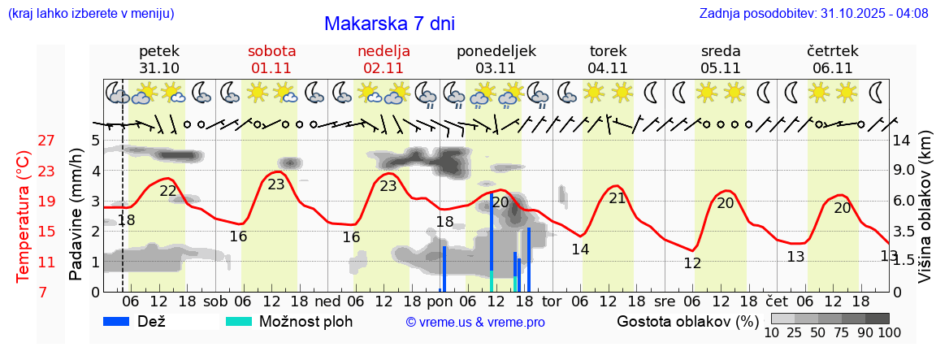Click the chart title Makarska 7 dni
[389, 24]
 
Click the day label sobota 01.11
[271, 59]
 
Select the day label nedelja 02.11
[383, 59]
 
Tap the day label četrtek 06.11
[832, 59]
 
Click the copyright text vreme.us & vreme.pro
[474, 322]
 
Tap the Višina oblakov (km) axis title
[925, 215]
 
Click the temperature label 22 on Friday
[168, 191]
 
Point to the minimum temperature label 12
[692, 263]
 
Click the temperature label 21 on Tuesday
[617, 197]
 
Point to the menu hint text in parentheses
[89, 14]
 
